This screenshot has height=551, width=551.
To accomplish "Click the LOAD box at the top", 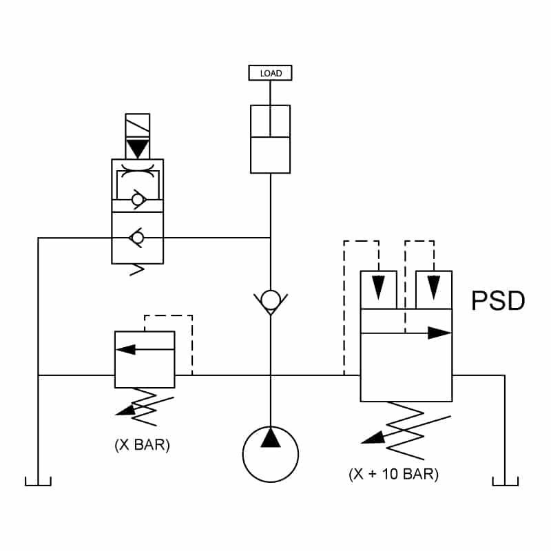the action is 270,73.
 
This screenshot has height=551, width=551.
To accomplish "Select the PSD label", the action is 498,300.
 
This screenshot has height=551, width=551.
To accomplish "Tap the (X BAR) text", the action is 143,445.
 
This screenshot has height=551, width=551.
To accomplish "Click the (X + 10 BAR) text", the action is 393,474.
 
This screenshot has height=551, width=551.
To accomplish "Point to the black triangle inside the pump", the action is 271,437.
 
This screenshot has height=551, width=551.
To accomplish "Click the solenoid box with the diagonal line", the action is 137,125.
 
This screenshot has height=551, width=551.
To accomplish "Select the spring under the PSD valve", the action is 406,430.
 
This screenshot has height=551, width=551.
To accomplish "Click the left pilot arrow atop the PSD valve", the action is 378,287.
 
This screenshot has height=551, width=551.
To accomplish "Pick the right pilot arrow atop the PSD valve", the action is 434,287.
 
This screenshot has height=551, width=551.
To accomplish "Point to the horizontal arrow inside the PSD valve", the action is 406,333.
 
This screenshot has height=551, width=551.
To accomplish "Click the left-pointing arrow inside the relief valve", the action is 145,349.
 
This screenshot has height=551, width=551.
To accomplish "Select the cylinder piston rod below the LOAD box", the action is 270,108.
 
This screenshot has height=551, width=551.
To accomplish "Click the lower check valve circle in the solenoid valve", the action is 137,238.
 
